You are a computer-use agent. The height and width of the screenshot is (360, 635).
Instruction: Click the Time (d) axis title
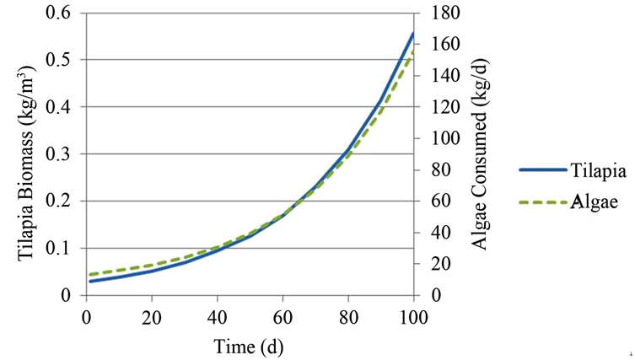click(250, 345)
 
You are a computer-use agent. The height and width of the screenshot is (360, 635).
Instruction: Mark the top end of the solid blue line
click(414, 33)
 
